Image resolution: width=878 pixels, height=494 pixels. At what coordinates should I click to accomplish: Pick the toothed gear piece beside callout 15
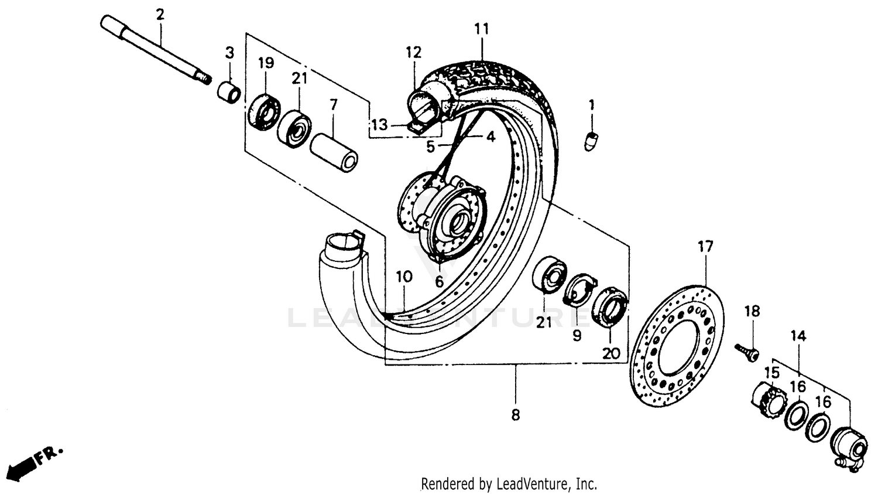pyautogui.click(x=766, y=399)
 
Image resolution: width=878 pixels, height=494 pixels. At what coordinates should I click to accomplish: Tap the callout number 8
pyautogui.click(x=515, y=415)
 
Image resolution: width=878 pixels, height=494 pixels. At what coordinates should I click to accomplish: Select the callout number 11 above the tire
pyautogui.click(x=481, y=28)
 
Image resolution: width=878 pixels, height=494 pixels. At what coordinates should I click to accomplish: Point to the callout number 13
pyautogui.click(x=379, y=125)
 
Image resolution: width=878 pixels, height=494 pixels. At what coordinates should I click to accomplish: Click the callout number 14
pyautogui.click(x=798, y=336)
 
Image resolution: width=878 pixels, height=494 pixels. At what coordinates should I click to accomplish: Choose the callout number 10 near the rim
pyautogui.click(x=404, y=277)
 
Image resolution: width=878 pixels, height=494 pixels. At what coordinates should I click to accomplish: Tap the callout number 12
pyautogui.click(x=413, y=52)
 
